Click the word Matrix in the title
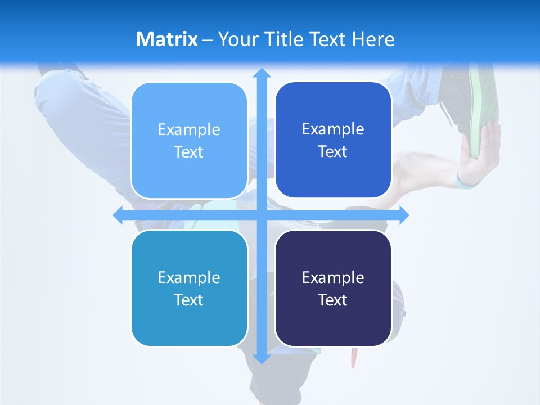(x=166, y=39)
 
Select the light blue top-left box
(x=189, y=141)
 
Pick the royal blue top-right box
(x=333, y=140)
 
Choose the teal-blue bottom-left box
(x=189, y=288)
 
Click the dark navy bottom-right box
(x=333, y=288)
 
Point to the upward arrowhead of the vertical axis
(x=262, y=73)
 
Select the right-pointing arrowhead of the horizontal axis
(x=403, y=215)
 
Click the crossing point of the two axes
(x=262, y=215)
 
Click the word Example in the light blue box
(x=189, y=130)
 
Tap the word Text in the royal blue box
(x=333, y=152)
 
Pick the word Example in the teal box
(x=189, y=277)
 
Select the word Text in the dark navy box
(x=333, y=300)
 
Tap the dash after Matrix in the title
(x=208, y=40)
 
